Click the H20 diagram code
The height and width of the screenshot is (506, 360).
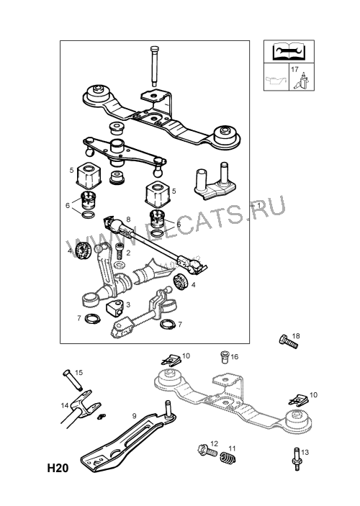(x=58, y=468)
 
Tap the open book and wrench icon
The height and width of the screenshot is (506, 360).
(x=289, y=51)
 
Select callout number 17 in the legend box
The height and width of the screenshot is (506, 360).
(x=294, y=69)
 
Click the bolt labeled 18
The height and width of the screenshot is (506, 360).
(x=288, y=342)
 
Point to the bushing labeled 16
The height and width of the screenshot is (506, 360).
(x=225, y=357)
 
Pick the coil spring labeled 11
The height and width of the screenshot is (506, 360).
(x=228, y=458)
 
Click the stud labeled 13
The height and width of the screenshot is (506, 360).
(x=297, y=458)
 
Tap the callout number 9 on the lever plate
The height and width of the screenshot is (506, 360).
(x=135, y=416)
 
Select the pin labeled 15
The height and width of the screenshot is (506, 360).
(x=72, y=380)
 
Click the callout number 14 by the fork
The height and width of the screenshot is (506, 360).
(x=65, y=405)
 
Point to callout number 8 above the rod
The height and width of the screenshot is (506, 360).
(x=128, y=220)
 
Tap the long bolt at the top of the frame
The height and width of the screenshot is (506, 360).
(x=153, y=66)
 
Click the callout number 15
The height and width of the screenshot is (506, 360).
(x=78, y=372)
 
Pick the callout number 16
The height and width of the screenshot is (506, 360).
(x=235, y=356)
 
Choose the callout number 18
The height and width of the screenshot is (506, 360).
(x=296, y=336)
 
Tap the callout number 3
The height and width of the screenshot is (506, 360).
(x=128, y=304)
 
